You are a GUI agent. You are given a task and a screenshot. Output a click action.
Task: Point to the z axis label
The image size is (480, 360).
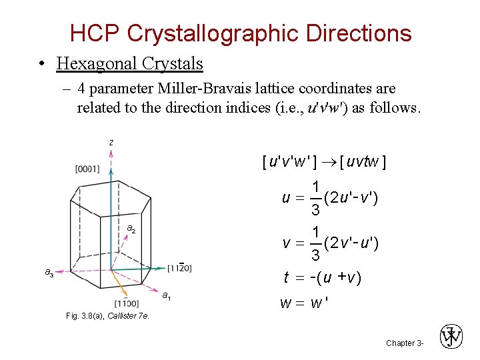[x=111, y=142]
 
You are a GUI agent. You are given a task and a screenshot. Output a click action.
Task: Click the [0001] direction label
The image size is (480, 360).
[x=87, y=169]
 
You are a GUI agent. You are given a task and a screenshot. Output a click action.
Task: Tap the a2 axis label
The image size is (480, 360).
[x=131, y=229]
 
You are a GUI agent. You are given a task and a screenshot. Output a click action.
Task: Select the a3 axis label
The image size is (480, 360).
[x=49, y=272]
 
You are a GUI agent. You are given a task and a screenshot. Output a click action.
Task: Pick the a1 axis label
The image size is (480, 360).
[x=167, y=295]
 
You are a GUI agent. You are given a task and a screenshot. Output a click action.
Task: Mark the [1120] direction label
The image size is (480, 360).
[x=180, y=267]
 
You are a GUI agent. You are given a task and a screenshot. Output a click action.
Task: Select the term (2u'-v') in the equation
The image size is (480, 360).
[x=351, y=198]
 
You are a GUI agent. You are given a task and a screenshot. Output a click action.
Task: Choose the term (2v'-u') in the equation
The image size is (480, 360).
[x=351, y=243]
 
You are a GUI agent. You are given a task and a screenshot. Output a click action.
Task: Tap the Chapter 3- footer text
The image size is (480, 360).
[x=405, y=343]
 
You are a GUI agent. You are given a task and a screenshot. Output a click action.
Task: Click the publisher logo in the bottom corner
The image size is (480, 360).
[x=451, y=337]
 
